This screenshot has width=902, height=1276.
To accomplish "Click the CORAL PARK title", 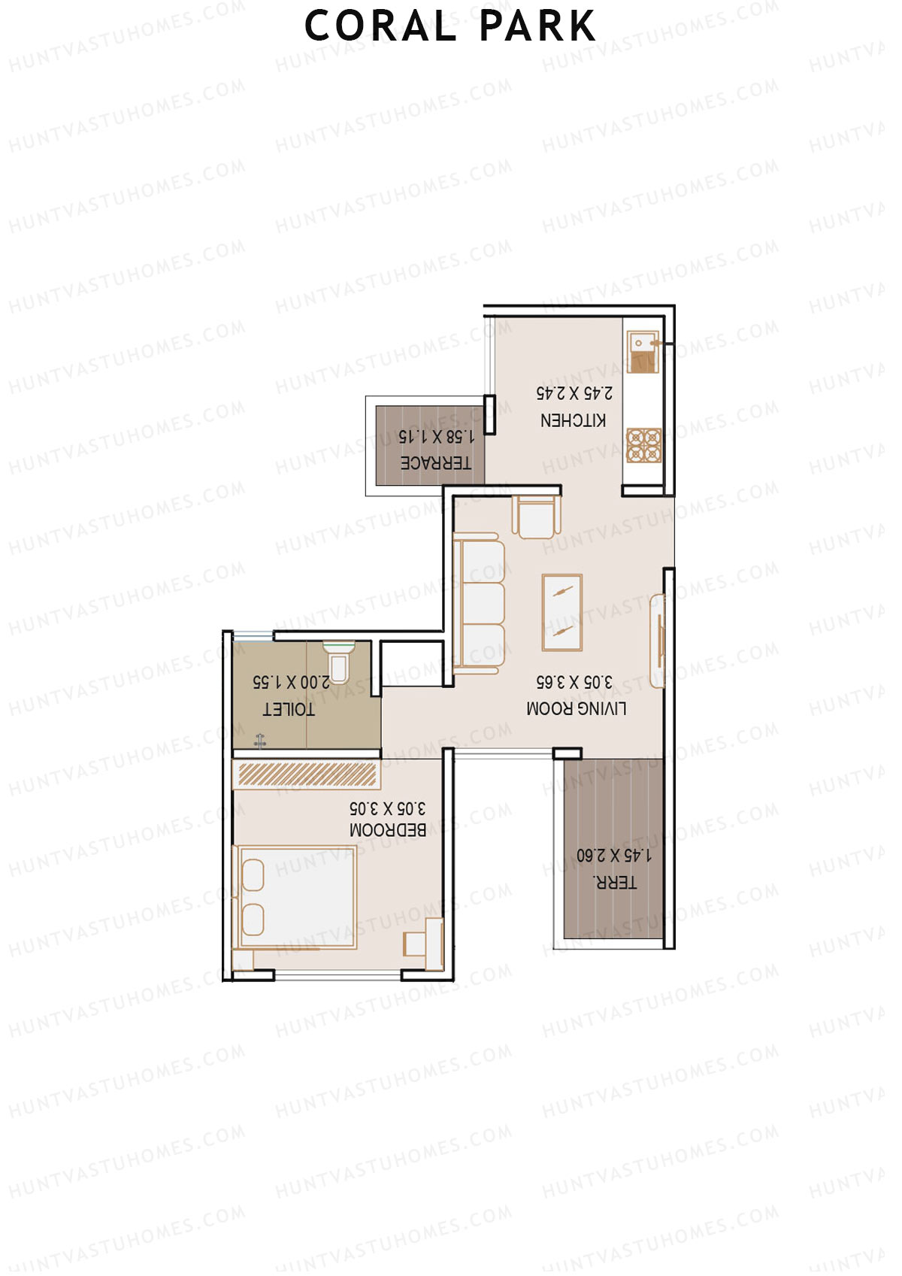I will (x=449, y=26).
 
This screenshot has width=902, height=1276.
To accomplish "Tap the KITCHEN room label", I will (x=573, y=420).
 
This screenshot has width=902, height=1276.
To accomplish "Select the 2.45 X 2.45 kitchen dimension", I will (x=574, y=393).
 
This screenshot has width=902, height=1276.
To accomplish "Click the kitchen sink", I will (x=643, y=352).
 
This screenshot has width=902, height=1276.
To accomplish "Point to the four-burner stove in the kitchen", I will (x=644, y=445).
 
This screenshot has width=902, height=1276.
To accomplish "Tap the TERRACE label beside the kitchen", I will (x=435, y=463).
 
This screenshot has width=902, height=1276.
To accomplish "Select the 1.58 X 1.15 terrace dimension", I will (x=436, y=436).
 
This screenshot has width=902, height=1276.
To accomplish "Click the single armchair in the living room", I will (x=536, y=517).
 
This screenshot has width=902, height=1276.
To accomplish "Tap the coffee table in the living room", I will (x=562, y=613).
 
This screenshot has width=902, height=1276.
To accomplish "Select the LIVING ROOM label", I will (x=577, y=708).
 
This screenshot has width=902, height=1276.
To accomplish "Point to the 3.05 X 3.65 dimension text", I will (x=574, y=682).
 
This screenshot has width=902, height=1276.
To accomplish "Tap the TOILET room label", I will (x=289, y=709).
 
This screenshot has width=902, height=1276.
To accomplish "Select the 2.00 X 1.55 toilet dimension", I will (x=291, y=682).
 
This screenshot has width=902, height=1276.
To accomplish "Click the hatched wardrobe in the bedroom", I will (x=306, y=774).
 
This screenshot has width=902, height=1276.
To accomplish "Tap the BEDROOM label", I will (x=388, y=830).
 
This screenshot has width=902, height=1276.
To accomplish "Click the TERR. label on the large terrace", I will (x=615, y=883).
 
